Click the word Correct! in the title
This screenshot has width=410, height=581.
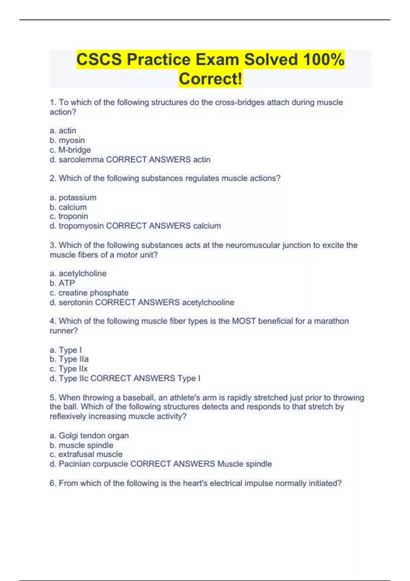[x=210, y=79]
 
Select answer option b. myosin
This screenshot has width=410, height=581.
[x=67, y=140]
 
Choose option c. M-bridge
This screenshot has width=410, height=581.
[x=70, y=150]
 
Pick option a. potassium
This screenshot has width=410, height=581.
[x=73, y=198]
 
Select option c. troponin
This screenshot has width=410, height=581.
[x=69, y=216]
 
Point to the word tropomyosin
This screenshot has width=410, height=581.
[x=81, y=226]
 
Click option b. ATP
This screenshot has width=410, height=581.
[x=62, y=283]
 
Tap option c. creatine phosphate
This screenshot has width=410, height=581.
[x=89, y=293]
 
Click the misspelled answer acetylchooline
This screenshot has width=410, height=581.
[x=208, y=302]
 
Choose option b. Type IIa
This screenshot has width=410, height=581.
[x=69, y=359]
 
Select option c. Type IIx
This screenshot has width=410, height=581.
[x=69, y=369]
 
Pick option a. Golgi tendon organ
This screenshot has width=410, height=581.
[x=90, y=435]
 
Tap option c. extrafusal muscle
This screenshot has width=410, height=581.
[x=86, y=454]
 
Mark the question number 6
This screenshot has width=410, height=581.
[x=53, y=483]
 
